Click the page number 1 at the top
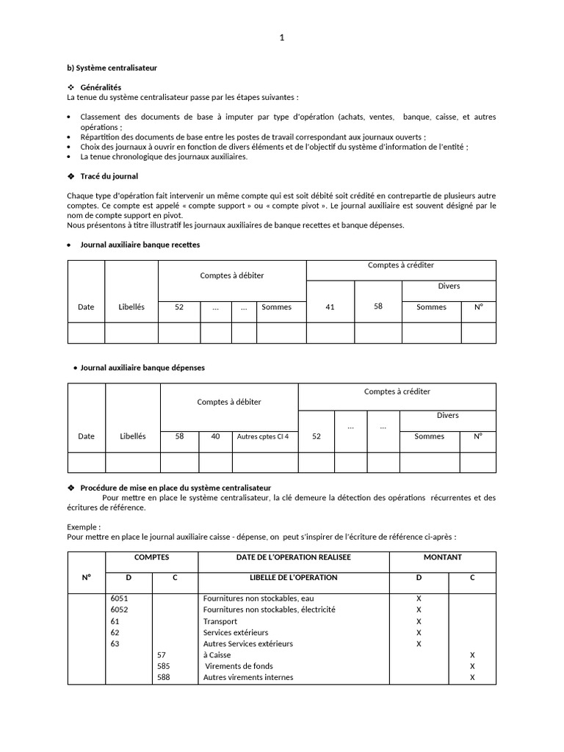(281, 38)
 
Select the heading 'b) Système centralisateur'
(112, 68)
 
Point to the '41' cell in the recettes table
(330, 307)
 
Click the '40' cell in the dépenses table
(215, 436)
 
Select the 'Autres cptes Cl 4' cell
(262, 436)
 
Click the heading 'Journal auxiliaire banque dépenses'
(142, 367)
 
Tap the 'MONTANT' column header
(443, 557)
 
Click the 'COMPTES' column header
(152, 557)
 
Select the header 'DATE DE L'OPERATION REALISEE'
(294, 557)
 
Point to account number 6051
(119, 599)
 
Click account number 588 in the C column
(163, 677)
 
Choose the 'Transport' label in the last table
(220, 621)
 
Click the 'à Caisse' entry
(217, 655)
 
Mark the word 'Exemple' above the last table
(83, 527)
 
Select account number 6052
(119, 610)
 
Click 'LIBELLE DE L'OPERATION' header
(294, 577)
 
